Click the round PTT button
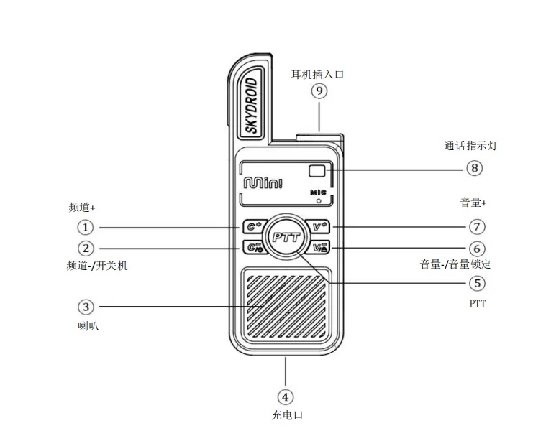pyautogui.click(x=286, y=237)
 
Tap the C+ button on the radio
pyautogui.click(x=252, y=226)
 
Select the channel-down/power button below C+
pyautogui.click(x=253, y=247)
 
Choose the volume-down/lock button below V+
pyautogui.click(x=319, y=247)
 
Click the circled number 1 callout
pyautogui.click(x=85, y=227)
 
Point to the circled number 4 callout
pyautogui.click(x=286, y=397)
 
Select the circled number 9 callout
pyautogui.click(x=319, y=91)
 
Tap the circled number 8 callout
pyautogui.click(x=475, y=168)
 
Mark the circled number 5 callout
pyautogui.click(x=477, y=283)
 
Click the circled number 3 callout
pyautogui.click(x=86, y=307)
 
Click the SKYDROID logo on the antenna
pyautogui.click(x=252, y=106)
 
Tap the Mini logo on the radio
pyautogui.click(x=263, y=182)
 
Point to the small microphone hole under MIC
pyautogui.click(x=319, y=201)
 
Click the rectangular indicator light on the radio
pyautogui.click(x=317, y=171)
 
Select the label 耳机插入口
pyautogui.click(x=317, y=75)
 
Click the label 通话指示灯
pyautogui.click(x=471, y=146)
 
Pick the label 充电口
pyautogui.click(x=287, y=415)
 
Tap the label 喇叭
pyautogui.click(x=88, y=326)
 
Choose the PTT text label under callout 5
pyautogui.click(x=478, y=304)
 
